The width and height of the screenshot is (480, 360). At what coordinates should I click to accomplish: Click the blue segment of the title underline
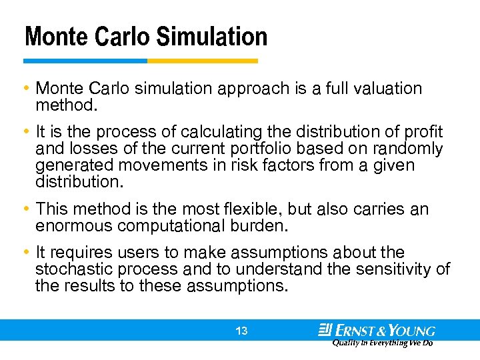point(85,61)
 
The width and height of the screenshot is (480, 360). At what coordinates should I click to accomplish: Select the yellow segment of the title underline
point(203,61)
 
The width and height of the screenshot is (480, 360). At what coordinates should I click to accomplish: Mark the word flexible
point(257,209)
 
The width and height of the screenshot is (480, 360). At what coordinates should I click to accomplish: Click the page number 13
point(241,331)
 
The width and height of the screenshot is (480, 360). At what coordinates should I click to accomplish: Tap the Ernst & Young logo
point(377,330)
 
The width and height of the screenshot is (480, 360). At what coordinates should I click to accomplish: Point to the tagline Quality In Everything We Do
point(383,343)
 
